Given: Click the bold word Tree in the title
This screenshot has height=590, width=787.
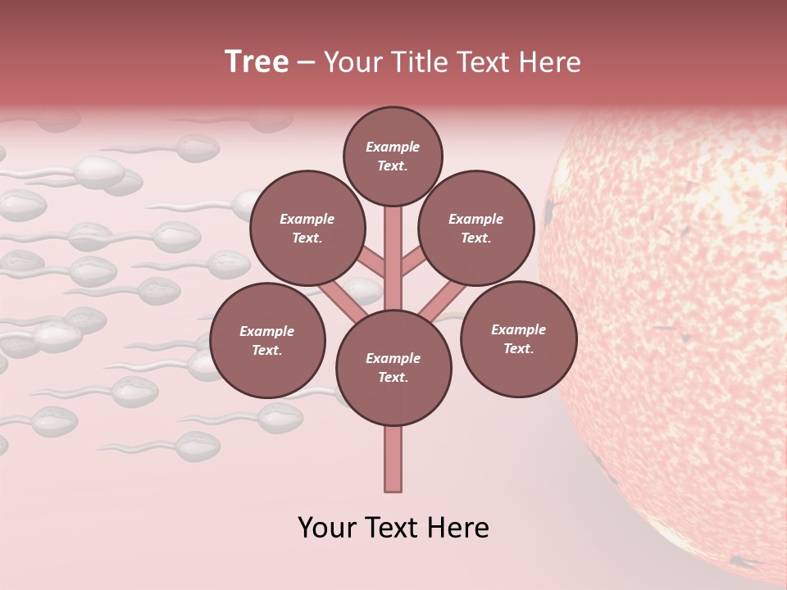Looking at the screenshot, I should tap(257, 62).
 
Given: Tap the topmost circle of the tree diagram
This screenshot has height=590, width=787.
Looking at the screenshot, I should tap(393, 156).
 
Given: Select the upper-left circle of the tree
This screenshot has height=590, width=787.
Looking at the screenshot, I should tap(307, 229).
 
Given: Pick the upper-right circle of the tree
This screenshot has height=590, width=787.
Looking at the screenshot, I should tap(476, 229).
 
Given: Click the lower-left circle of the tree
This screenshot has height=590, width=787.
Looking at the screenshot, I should tap(267, 340).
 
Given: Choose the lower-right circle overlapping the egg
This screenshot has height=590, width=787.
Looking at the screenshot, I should tap(519, 338).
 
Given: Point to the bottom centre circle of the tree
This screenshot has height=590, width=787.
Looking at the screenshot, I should tap(393, 367).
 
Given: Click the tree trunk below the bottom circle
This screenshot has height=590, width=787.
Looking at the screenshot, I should tap(393, 459).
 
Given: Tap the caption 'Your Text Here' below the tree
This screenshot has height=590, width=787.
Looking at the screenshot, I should tap(393, 528).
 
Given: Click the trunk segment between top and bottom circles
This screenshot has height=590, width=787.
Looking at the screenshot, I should tap(393, 258).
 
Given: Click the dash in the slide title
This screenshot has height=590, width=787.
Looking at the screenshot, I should tap(307, 62).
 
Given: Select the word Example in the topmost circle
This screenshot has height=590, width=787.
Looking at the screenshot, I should tap(393, 147).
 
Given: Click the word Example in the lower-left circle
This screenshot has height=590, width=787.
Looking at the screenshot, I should tap(266, 331).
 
